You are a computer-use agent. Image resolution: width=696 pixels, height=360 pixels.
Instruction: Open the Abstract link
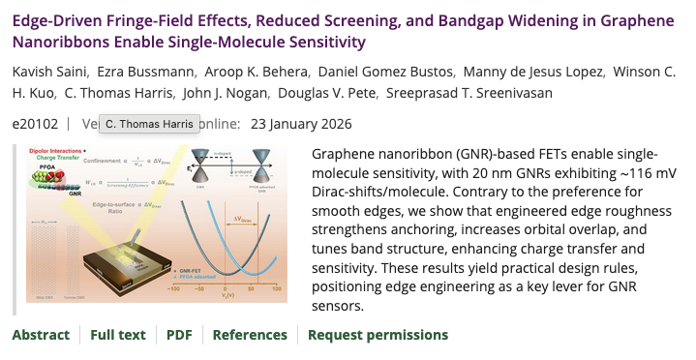(41, 335)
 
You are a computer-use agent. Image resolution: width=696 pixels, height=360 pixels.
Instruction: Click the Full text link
(118, 335)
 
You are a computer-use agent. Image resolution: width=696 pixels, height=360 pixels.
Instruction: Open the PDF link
(179, 335)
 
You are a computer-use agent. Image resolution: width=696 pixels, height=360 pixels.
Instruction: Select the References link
(250, 335)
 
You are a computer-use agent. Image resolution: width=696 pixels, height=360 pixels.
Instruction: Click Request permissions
(378, 335)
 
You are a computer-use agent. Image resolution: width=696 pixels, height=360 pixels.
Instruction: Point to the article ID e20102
(35, 124)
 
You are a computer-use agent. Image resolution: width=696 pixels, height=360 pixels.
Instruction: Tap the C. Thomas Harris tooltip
(150, 124)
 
